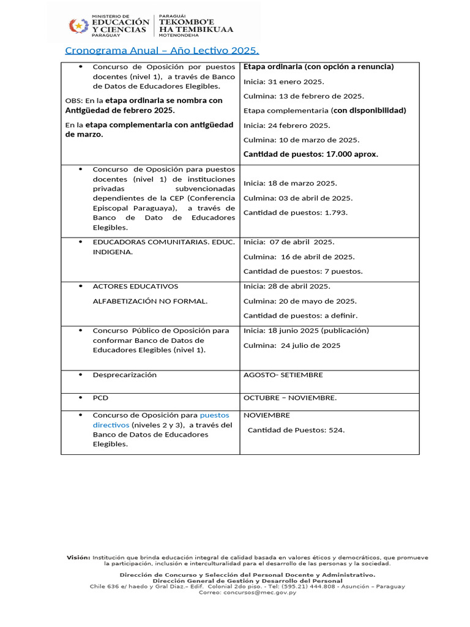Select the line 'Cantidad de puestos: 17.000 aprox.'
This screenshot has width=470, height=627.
click(310, 154)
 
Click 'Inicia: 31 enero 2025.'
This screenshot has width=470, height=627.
click(284, 81)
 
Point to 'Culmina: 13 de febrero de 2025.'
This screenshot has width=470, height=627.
click(304, 96)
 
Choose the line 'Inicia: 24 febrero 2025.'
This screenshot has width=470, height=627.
click(286, 126)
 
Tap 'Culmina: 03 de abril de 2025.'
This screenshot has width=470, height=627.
click(298, 198)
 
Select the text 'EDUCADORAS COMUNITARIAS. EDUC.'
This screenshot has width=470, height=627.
click(163, 242)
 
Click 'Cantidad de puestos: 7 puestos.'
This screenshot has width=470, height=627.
click(303, 271)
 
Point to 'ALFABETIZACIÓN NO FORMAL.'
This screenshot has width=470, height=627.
click(150, 301)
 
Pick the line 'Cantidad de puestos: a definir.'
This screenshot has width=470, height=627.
click(300, 316)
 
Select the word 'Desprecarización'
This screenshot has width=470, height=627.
click(124, 375)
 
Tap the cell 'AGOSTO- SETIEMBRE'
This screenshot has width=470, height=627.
click(283, 375)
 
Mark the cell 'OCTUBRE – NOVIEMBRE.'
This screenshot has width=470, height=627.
click(289, 398)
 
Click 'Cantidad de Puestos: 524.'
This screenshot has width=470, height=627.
click(296, 430)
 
